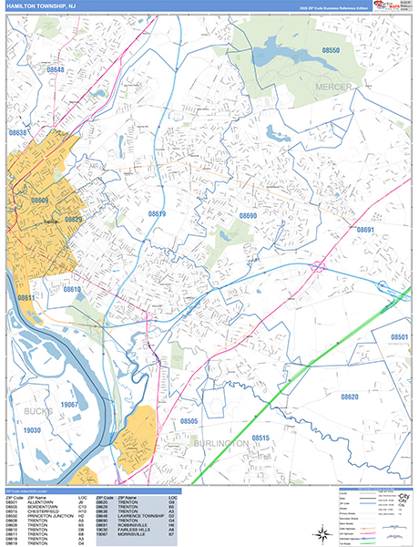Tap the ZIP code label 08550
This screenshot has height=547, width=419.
coord(331,51)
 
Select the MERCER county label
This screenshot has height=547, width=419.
coord(332,86)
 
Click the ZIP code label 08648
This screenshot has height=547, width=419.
coord(56,69)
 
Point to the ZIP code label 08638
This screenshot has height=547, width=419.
coord(18,133)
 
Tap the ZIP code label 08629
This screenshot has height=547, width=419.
coord(74,220)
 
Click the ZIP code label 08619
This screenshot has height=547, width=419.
coord(158,214)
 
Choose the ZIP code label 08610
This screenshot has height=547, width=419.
coord(72,289)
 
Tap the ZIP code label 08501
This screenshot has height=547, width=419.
coord(400,337)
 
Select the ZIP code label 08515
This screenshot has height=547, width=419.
coord(261,439)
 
